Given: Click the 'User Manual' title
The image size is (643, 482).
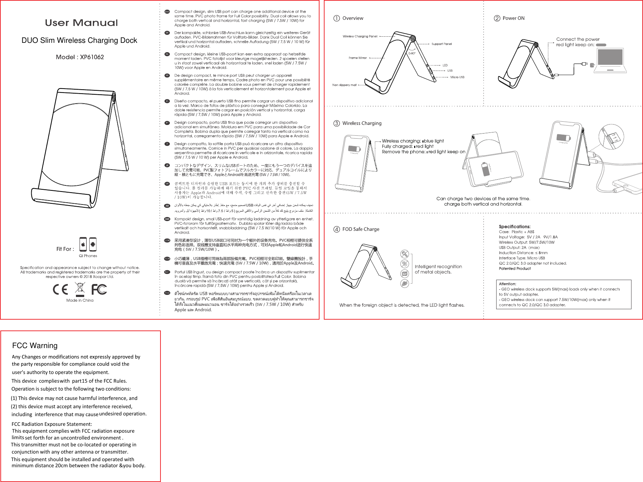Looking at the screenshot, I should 81,23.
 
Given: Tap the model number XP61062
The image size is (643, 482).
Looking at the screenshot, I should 92,57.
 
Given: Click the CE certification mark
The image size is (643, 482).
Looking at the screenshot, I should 60,289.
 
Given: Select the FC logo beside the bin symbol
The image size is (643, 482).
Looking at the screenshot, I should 99,289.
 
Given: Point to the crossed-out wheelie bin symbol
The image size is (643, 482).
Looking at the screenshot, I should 80,288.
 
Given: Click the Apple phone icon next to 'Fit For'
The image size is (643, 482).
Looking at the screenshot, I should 83,245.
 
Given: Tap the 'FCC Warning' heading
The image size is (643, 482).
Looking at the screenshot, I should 35,346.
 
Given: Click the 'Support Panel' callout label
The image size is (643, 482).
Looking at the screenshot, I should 442,44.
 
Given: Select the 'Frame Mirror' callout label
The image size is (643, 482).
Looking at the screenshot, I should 358,58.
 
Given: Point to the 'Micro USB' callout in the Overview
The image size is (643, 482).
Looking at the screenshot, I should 457,77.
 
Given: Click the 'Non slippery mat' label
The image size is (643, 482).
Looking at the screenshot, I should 344,85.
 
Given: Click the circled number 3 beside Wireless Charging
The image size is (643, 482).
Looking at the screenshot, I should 336,123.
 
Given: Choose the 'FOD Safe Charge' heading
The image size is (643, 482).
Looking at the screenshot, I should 361,229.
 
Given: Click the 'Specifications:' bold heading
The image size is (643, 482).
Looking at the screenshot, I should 515,226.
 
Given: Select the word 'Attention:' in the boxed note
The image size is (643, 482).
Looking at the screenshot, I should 507,284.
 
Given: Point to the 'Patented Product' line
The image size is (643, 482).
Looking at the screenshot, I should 515,269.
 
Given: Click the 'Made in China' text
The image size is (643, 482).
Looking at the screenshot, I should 80,300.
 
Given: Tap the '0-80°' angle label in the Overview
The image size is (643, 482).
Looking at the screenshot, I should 412,53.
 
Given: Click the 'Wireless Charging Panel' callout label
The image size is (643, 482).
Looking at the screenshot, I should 360,36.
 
